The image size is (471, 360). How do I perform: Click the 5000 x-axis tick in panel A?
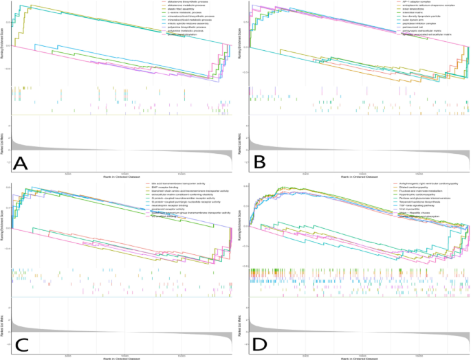click(x=67, y=174)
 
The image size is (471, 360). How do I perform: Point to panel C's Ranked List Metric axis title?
click(x=4, y=323)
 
